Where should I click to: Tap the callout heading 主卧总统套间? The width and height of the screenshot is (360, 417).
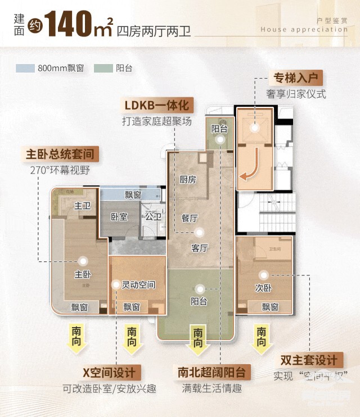59,153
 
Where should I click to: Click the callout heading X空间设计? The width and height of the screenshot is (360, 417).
109,372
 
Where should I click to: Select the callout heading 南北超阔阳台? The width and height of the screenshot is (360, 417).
211,372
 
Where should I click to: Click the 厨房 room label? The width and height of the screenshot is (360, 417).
187,180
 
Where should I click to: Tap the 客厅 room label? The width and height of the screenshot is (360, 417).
200,248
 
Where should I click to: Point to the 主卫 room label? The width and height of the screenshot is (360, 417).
83,206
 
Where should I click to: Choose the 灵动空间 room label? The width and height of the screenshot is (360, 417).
138,285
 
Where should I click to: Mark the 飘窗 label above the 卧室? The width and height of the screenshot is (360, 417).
133,195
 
